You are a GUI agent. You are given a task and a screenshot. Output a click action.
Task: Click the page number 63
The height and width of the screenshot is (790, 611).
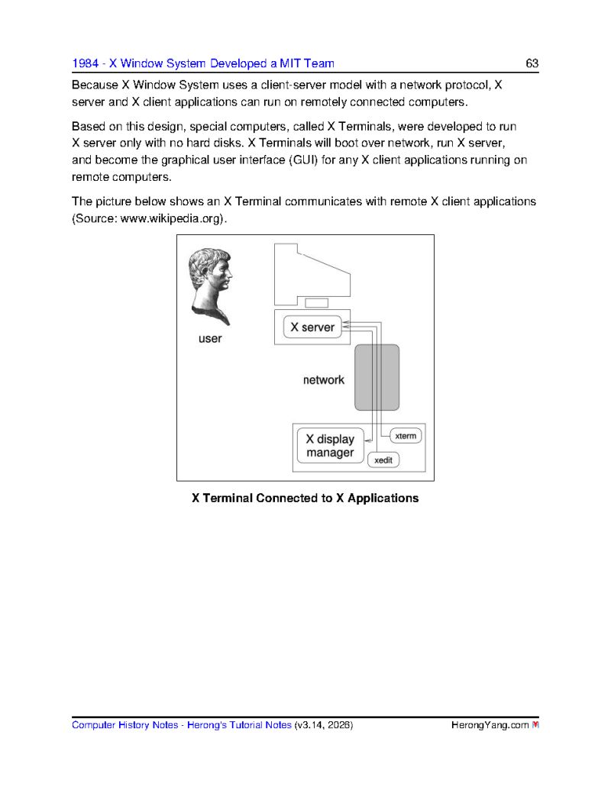pos(532,63)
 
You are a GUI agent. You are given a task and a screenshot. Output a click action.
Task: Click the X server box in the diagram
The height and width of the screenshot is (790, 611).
pos(312,327)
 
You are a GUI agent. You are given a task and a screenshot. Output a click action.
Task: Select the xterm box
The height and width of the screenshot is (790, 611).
pos(406,436)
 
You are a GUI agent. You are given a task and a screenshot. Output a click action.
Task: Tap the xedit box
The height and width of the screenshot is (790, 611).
pos(383,460)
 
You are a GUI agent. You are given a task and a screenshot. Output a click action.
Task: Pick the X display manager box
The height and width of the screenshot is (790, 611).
pos(330,447)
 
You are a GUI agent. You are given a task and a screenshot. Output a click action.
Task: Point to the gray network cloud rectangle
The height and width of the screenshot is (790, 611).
pos(377,377)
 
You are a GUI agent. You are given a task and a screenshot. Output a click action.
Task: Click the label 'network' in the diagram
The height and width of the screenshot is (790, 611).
pos(323,379)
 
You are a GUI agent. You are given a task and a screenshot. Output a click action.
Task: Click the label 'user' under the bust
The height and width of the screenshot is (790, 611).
pos(209,338)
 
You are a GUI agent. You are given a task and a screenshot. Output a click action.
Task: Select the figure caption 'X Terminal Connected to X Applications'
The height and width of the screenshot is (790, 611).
pos(305,498)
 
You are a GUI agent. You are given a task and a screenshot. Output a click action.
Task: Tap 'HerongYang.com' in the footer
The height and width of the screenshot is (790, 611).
pos(489,725)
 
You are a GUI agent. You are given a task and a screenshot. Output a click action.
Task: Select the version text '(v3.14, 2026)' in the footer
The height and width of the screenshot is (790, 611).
pos(323,725)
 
